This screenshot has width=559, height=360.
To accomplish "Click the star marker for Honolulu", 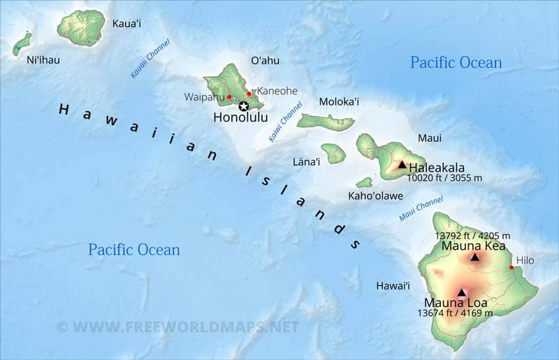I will point(243,106).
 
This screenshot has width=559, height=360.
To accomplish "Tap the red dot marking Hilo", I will point(511,267).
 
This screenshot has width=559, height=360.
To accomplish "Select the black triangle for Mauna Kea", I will point(475,257).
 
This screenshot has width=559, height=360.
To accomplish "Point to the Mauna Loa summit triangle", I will point(461,293).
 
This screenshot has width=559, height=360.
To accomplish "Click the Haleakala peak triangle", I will point(402,164).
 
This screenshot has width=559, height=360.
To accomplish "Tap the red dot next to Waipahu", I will point(229,96).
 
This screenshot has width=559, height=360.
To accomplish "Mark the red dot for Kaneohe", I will point(249,93).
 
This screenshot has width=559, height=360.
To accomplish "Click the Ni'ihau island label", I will point(43,60).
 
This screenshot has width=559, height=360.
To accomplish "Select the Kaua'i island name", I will point(126,24).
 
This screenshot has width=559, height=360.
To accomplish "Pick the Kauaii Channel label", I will point(150,59).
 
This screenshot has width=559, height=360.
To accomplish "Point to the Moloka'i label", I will point(339,102).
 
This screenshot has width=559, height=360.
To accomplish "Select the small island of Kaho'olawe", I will point(364,182).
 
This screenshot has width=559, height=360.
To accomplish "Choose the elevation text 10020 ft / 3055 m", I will point(445,179).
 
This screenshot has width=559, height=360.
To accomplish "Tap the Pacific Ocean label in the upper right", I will point(456,62).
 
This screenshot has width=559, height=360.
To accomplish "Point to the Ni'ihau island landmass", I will point(22,43).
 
